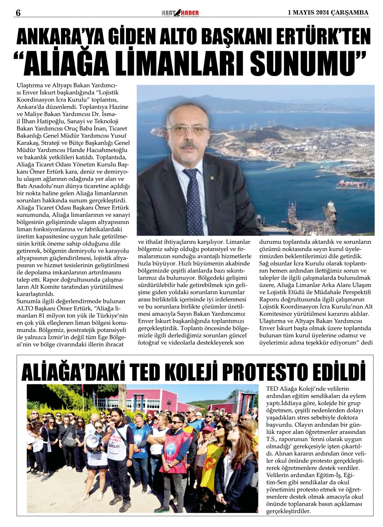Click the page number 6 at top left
[18, 12]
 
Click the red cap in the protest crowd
[208, 429]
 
